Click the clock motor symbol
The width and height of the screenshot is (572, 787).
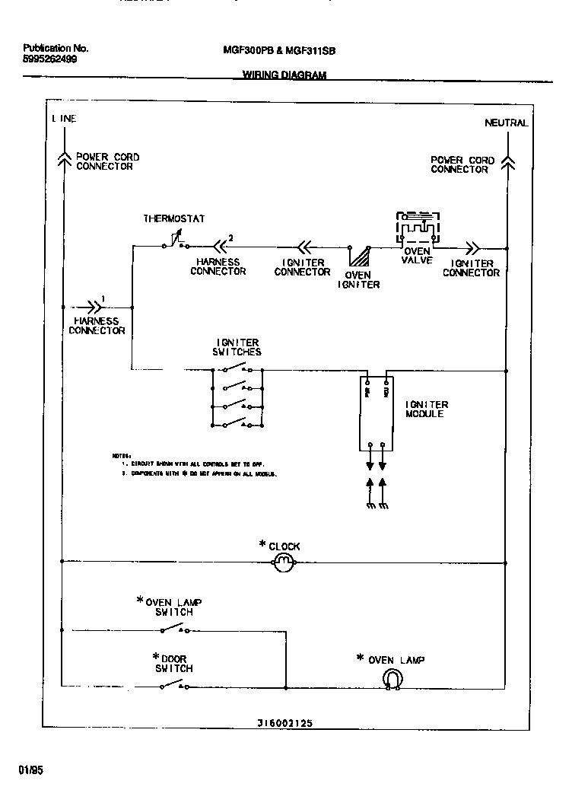[283, 563]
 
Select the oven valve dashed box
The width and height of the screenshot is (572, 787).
[417, 229]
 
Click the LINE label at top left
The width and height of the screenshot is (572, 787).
[64, 119]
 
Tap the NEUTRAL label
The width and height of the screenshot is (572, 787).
[506, 123]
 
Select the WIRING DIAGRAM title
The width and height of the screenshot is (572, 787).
[284, 75]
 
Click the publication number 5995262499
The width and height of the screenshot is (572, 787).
[50, 59]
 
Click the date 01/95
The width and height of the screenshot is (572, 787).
[32, 770]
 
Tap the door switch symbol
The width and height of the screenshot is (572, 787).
[174, 686]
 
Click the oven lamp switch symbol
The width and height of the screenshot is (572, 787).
[174, 629]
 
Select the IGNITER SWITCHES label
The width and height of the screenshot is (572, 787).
[237, 347]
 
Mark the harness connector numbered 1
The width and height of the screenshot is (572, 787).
[94, 307]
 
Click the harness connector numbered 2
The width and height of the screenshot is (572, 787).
[219, 246]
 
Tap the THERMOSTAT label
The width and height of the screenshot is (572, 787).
[174, 218]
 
